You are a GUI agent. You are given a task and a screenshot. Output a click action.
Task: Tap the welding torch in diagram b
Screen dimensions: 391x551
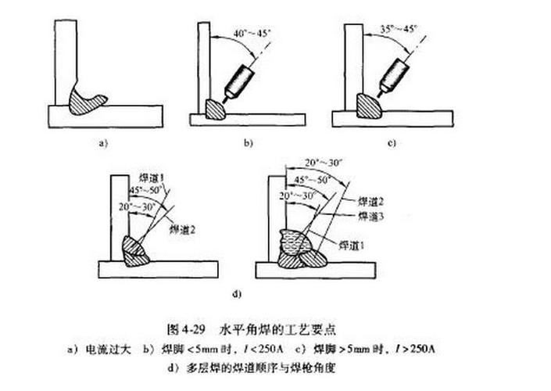[x=237, y=81]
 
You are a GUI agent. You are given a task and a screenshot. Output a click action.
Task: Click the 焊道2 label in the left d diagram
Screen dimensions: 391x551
[x=181, y=229]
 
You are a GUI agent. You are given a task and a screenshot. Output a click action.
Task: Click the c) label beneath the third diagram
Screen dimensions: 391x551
[x=392, y=144]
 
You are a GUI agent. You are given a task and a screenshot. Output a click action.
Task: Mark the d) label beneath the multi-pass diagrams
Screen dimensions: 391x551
[x=236, y=295]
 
